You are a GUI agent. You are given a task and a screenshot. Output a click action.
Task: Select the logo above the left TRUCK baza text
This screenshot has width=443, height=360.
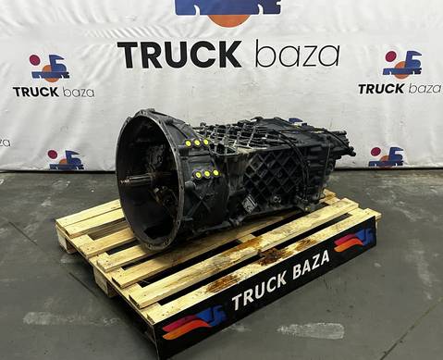point(49,68)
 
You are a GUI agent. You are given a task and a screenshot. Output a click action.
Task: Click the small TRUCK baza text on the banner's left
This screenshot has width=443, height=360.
point(53,92)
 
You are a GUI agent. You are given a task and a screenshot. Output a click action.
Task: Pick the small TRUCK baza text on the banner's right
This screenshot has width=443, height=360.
point(400,88)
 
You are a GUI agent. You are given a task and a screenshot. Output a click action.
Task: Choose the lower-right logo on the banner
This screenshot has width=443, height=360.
point(386,156)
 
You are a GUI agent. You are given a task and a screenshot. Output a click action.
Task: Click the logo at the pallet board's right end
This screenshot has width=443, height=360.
point(355,240)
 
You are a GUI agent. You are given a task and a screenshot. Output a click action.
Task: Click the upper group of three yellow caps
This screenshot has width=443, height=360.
point(196,143)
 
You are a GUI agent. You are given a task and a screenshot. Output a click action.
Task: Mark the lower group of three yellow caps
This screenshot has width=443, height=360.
point(205,174)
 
